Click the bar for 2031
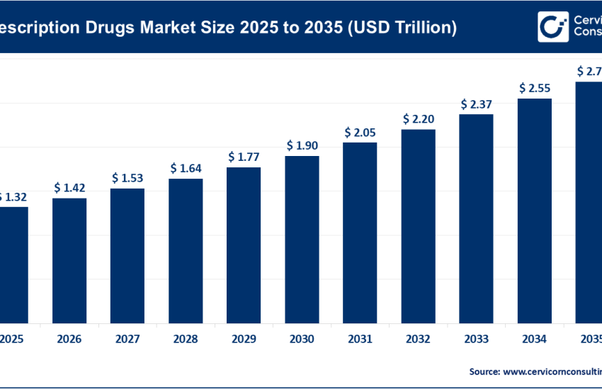pyautogui.click(x=360, y=232)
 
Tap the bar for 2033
pyautogui.click(x=476, y=218)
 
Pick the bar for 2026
pyautogui.click(x=69, y=260)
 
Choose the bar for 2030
pyautogui.click(x=302, y=238)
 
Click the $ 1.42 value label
pyautogui.click(x=69, y=188)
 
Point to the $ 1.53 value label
pyautogui.click(x=127, y=178)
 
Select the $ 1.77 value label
pyautogui.click(x=244, y=157)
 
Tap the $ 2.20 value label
pyautogui.click(x=418, y=118)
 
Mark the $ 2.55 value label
pyautogui.click(x=534, y=88)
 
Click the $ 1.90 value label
pyautogui.click(x=302, y=145)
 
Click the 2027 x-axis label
pyautogui.click(x=127, y=340)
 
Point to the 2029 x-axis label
pyautogui.click(x=244, y=340)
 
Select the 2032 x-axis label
pyautogui.click(x=418, y=340)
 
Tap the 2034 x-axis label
pyautogui.click(x=534, y=340)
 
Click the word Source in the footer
pyautogui.click(x=483, y=371)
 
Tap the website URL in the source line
pyautogui.click(x=552, y=371)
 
